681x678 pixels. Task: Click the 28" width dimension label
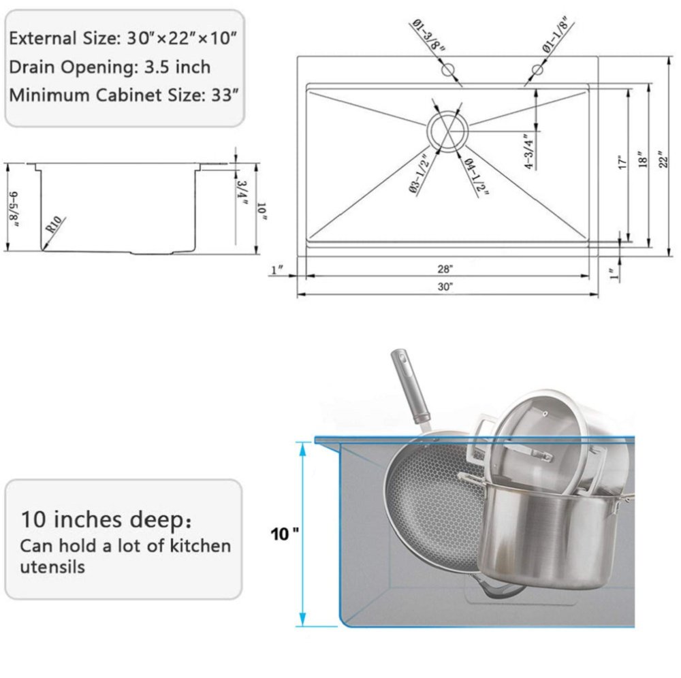[446, 270]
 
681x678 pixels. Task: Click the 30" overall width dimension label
[446, 287]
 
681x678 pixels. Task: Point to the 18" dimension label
[639, 161]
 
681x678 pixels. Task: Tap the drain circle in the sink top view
[446, 129]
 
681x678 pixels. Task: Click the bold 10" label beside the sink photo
[284, 532]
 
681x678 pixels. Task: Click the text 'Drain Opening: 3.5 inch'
[110, 67]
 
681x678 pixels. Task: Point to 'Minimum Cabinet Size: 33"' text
[123, 95]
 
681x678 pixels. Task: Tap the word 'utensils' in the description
[52, 566]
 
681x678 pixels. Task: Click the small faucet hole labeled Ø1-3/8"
[447, 69]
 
